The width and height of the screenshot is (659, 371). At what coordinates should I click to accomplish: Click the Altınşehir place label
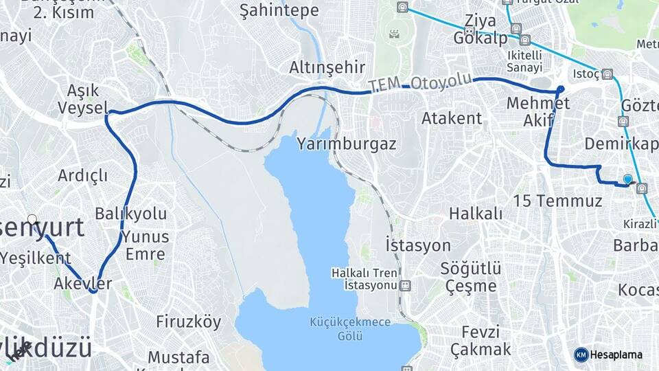point(327,67)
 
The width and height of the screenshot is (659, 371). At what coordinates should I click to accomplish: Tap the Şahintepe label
point(279,10)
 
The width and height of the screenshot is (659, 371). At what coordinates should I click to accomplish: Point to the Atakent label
point(452,118)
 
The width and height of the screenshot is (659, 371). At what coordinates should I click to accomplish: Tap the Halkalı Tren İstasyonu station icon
point(405,284)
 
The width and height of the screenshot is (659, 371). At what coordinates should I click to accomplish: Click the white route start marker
point(32,220)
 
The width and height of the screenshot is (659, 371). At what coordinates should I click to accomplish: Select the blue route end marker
point(627,179)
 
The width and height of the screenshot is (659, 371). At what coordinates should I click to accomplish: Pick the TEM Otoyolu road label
point(420,82)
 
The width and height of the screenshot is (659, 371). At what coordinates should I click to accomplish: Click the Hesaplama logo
point(608,355)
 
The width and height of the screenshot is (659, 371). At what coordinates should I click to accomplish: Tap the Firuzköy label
point(189,322)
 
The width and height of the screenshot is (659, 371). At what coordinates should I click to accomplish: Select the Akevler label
point(82,283)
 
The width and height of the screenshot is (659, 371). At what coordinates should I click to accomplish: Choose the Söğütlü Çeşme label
point(470,276)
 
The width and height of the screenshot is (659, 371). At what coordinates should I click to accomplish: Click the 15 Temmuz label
point(557,201)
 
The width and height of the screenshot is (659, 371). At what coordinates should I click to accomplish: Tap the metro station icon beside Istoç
point(608,74)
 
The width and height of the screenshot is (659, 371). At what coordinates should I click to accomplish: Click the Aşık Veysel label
point(83,99)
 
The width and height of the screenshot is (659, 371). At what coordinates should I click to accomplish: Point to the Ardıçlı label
point(82,175)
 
